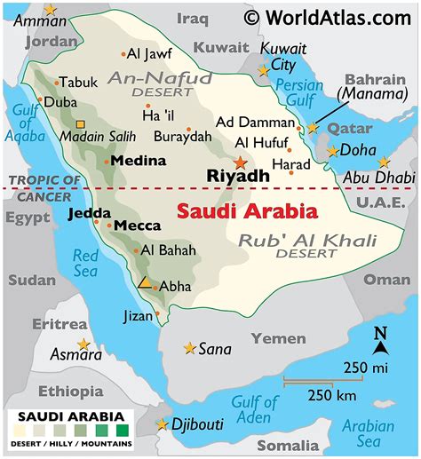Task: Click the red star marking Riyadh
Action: click(239, 162)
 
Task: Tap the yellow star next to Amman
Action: click(50, 10)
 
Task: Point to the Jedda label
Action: click(89, 213)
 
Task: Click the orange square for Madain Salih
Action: click(81, 125)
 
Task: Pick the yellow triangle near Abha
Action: click(144, 282)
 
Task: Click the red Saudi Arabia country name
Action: click(246, 212)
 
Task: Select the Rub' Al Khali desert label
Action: click(307, 241)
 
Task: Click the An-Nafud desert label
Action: click(155, 80)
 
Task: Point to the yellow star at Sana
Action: click(189, 348)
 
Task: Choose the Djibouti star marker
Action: click(162, 424)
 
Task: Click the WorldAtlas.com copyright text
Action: click(329, 16)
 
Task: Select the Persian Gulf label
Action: click(298, 93)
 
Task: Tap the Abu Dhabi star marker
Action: click(383, 162)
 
